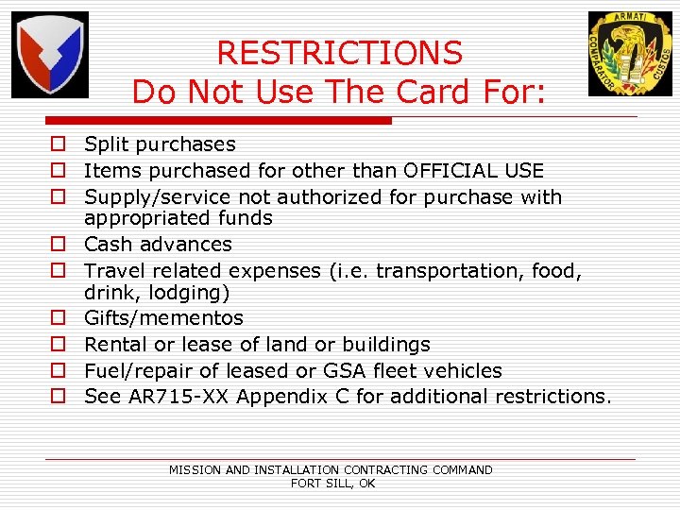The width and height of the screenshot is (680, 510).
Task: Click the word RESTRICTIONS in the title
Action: pyautogui.click(x=340, y=53)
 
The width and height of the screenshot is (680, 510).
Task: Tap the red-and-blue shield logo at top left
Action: pyautogui.click(x=49, y=55)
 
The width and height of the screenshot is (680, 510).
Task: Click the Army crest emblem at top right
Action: pyautogui.click(x=630, y=54)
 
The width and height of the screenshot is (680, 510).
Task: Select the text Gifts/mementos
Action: pyautogui.click(x=163, y=318)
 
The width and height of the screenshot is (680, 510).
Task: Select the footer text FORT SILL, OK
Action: pyautogui.click(x=333, y=484)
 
